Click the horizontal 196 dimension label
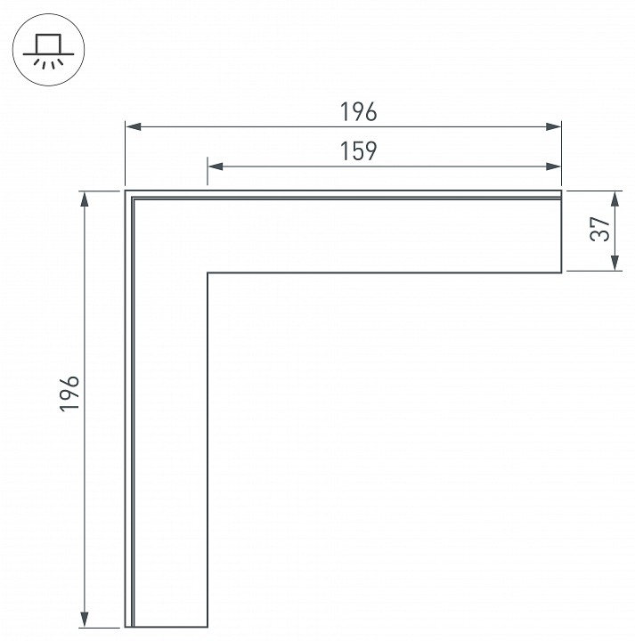click(x=358, y=112)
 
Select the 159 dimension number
click(x=358, y=151)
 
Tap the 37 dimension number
click(x=600, y=229)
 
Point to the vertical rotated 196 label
click(x=69, y=394)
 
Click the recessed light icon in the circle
click(x=49, y=50)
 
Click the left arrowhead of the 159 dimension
click(x=216, y=166)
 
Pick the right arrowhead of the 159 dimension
click(x=554, y=166)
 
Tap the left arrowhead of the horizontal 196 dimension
click(x=134, y=126)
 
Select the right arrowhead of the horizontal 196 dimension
click(x=554, y=126)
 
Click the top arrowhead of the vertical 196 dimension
click(x=85, y=199)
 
